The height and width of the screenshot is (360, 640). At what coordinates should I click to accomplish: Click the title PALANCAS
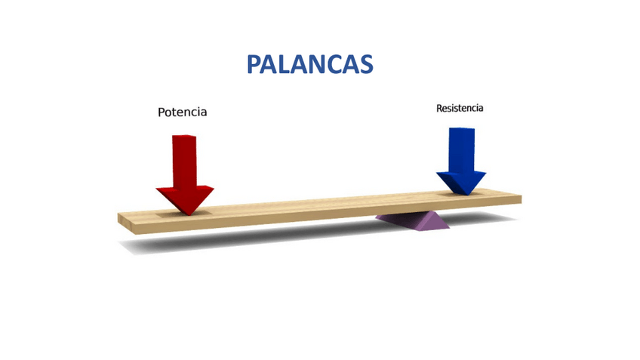point(309,64)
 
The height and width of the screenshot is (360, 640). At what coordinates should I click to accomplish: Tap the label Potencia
point(182,112)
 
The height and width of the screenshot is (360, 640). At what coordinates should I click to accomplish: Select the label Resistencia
point(460,108)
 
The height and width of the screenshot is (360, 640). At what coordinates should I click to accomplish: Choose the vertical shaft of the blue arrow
point(461,149)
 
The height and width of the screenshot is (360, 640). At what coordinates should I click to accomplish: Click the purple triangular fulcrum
point(413,220)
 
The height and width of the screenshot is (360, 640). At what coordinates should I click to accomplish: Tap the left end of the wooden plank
point(123,219)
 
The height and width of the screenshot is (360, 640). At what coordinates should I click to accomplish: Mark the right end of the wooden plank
point(517,198)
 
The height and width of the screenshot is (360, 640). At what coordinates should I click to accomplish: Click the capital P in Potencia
point(162,112)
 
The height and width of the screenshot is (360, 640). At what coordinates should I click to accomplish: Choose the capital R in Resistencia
point(440,108)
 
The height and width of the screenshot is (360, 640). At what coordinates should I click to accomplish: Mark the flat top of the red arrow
point(184,137)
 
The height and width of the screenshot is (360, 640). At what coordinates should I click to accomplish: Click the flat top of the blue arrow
point(462,129)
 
